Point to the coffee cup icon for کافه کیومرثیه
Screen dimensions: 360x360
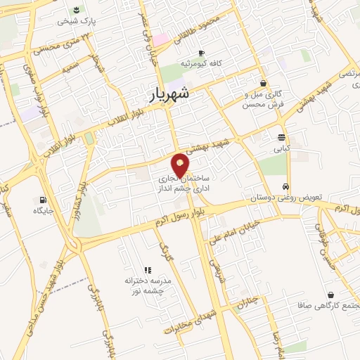[x=201, y=53]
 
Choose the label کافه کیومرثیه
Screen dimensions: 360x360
[x=201, y=63]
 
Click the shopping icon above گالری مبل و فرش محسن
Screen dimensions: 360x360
[x=263, y=83]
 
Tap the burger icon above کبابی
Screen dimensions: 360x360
[x=281, y=137]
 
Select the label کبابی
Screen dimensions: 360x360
[x=281, y=148]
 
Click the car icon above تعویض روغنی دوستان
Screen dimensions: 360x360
[x=285, y=187]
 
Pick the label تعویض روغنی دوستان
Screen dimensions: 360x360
[x=287, y=198]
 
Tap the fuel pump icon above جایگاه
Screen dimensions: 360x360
[x=44, y=199]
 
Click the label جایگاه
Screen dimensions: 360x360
[x=44, y=210]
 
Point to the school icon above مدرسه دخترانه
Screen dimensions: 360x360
[x=148, y=270]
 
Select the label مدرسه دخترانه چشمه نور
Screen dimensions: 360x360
[x=148, y=285]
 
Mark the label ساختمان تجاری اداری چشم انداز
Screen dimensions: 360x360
[x=181, y=186]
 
